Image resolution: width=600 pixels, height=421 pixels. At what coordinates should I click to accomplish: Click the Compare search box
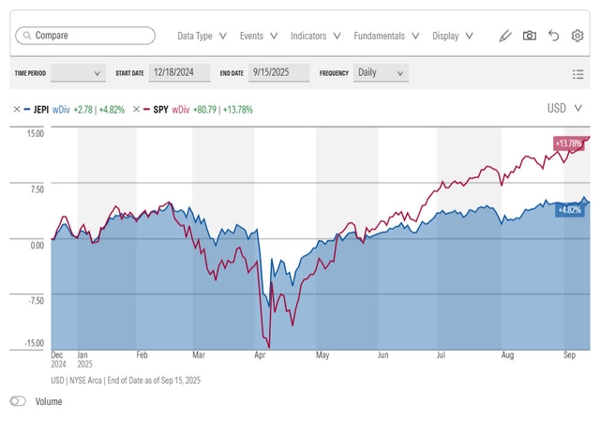click(x=84, y=36)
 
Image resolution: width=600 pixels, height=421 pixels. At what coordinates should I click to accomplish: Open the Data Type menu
click(x=202, y=36)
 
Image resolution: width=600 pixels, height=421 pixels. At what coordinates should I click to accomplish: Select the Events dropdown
click(x=258, y=36)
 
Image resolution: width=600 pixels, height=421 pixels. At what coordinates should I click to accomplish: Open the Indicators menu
click(x=315, y=36)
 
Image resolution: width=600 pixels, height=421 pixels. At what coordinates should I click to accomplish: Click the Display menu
click(x=452, y=36)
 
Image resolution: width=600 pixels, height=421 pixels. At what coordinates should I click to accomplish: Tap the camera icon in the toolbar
click(x=530, y=36)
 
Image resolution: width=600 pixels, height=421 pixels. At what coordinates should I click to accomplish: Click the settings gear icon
click(x=577, y=36)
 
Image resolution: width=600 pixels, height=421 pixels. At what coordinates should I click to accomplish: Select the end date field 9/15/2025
click(x=279, y=72)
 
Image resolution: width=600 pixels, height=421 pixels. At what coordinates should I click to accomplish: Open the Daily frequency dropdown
click(x=381, y=72)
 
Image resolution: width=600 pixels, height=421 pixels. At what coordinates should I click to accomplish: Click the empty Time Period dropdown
click(x=78, y=72)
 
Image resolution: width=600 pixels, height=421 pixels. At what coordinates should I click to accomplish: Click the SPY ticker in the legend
click(x=160, y=110)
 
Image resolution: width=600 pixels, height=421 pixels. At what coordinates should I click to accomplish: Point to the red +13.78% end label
click(x=568, y=143)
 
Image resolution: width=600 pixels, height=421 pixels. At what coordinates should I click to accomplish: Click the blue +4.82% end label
click(x=570, y=209)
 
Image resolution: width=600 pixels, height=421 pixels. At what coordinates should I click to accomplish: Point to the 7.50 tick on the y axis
click(x=36, y=188)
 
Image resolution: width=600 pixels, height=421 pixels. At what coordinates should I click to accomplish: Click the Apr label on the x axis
click(x=259, y=356)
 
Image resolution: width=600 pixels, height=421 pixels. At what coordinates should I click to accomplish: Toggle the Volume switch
click(x=18, y=401)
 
